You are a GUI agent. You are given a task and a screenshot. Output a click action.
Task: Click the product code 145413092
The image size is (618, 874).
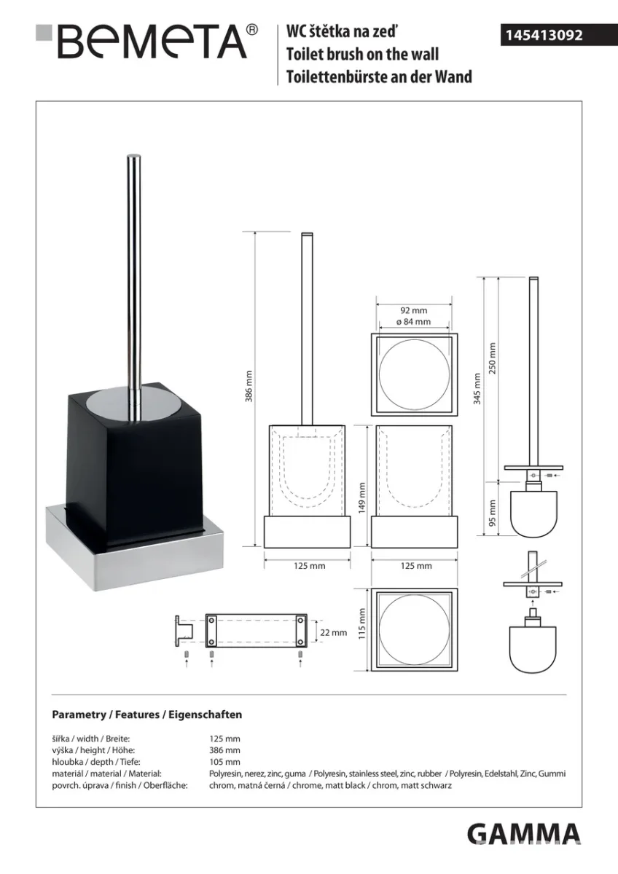click(x=544, y=36)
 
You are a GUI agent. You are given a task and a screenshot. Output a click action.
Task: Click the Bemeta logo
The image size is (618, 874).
click(x=146, y=42)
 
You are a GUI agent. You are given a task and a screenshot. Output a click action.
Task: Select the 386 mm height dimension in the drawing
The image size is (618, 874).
click(x=249, y=386)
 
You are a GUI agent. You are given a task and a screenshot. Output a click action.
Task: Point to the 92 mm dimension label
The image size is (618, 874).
click(x=413, y=310)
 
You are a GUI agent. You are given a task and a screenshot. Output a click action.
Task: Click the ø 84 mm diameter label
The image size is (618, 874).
click(x=413, y=322)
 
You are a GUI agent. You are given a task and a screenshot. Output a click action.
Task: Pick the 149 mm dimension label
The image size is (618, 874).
click(x=362, y=498)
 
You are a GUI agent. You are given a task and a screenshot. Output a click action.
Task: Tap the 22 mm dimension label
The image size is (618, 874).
click(x=333, y=632)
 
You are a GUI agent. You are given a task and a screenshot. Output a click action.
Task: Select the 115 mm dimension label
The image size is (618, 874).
click(x=362, y=623)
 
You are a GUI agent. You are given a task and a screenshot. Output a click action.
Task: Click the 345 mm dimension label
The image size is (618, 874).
click(x=477, y=389)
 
